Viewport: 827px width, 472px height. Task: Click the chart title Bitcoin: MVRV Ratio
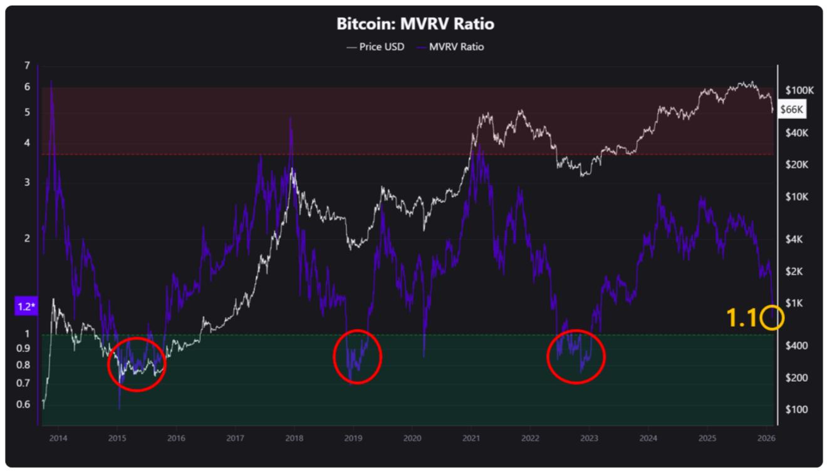coord(415,24)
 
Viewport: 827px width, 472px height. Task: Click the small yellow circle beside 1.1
coord(772,318)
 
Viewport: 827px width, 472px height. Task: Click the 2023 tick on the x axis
coord(589,438)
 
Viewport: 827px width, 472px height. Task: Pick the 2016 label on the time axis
coord(176,438)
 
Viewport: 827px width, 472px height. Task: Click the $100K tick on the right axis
coord(801,90)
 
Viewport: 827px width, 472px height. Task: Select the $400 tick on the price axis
coord(796,346)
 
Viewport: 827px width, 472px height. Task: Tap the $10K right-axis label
coord(797,197)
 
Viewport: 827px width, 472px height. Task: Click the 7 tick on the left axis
coord(27,65)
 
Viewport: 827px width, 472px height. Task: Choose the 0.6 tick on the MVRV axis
coord(23,404)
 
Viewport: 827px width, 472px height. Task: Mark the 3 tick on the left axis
coord(27,182)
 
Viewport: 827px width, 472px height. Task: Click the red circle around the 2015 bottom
coord(137,364)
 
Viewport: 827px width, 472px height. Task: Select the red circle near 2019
coord(357,356)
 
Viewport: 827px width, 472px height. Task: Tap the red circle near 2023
coord(576,356)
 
